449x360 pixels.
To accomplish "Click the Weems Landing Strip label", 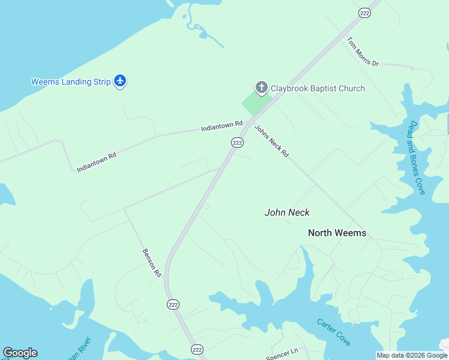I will (x=71, y=82).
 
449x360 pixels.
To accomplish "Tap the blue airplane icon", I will (x=120, y=81).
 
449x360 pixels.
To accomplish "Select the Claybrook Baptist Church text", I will (x=318, y=88).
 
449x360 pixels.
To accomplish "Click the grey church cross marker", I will (x=261, y=88).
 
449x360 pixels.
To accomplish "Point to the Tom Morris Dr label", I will (x=363, y=52).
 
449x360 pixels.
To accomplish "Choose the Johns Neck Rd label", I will (x=272, y=141).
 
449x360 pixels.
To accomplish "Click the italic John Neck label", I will (x=287, y=212).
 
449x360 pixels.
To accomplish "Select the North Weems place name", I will (x=337, y=233).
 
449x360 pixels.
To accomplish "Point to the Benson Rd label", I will (x=152, y=263).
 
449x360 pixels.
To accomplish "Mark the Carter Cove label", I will (x=334, y=331).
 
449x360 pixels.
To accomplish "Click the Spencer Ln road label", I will (x=282, y=355).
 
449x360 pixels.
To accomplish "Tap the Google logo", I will (x=20, y=353).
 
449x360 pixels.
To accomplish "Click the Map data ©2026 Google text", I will (x=412, y=355).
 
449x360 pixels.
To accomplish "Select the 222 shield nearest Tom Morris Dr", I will (x=364, y=13).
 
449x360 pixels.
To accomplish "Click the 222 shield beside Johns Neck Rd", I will (x=237, y=142).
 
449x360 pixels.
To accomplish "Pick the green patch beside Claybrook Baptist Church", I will (x=255, y=104).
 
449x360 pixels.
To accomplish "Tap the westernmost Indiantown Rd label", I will (x=96, y=162).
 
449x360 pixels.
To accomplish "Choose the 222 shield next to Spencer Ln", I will (x=197, y=349).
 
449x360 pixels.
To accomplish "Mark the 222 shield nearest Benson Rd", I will (x=173, y=304).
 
